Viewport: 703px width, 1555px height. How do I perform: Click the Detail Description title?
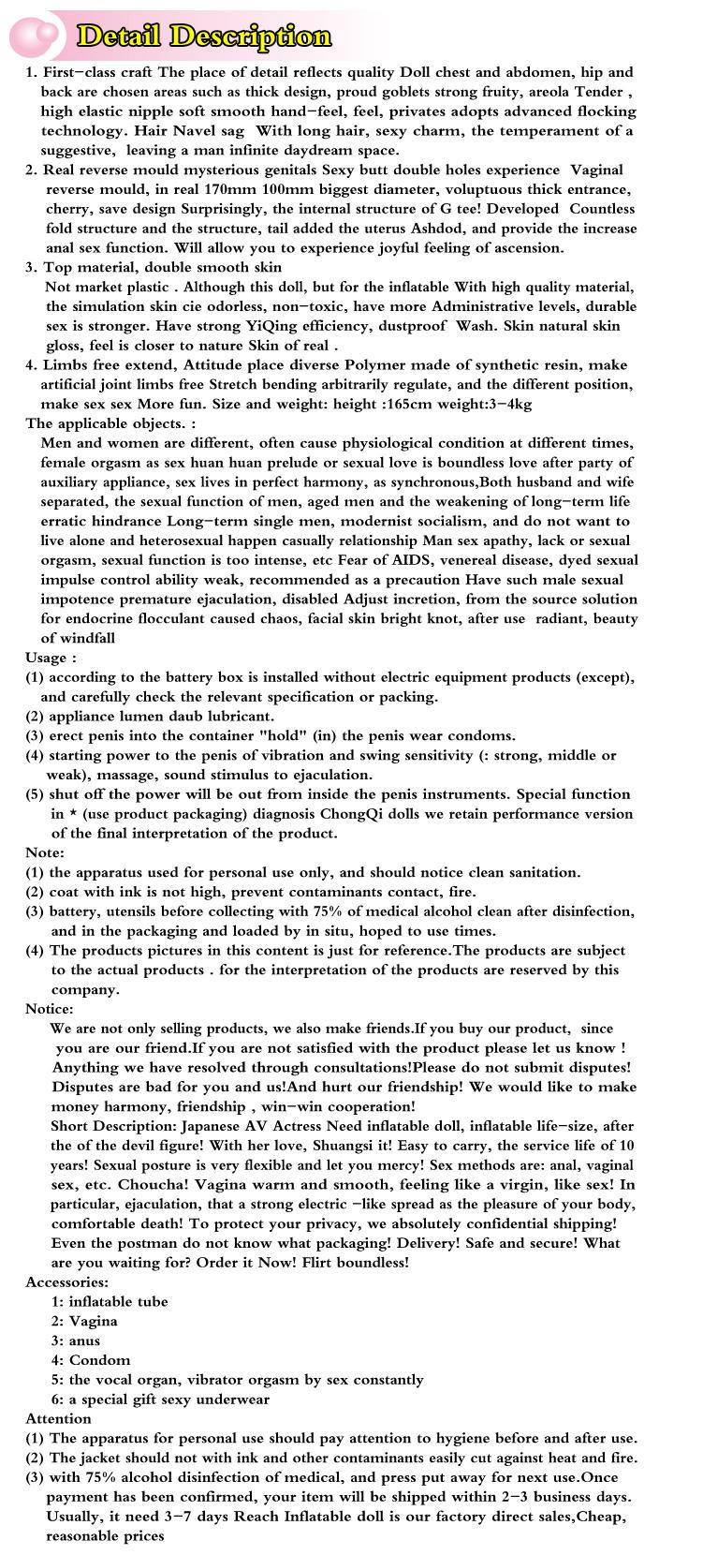click(x=204, y=37)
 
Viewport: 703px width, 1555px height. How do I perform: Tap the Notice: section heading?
click(x=49, y=1009)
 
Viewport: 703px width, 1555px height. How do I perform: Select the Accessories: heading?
click(x=66, y=1282)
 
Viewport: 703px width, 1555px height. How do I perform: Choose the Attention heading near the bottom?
click(x=58, y=1419)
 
